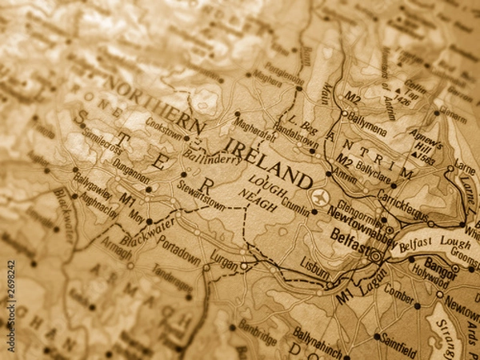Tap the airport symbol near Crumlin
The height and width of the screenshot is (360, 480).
319,197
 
